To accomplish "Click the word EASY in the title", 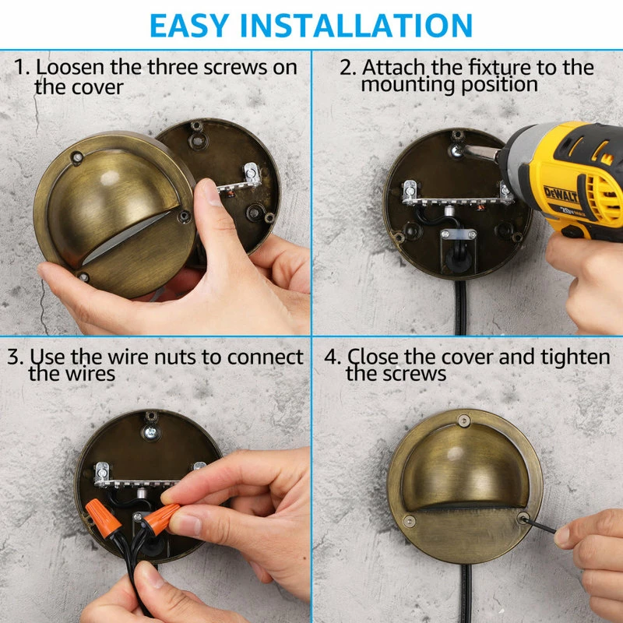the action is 189,26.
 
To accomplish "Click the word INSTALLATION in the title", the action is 357,26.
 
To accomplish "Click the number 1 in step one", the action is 22,67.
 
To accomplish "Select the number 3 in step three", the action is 16,357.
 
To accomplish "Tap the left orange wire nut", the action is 103,518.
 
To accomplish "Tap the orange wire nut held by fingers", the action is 161,519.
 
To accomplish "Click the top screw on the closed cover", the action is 463,421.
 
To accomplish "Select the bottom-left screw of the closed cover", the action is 410,521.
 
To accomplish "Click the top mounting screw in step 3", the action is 150,432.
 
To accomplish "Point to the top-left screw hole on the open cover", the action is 76,157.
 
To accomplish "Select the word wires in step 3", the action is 90,374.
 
